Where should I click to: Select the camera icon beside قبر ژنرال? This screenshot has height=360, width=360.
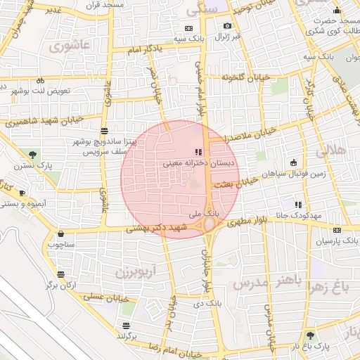pyautogui.click(x=227, y=26)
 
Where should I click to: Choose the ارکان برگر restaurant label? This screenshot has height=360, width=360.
pyautogui.click(x=60, y=285)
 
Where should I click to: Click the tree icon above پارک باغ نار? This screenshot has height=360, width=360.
pyautogui.click(x=310, y=336)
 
